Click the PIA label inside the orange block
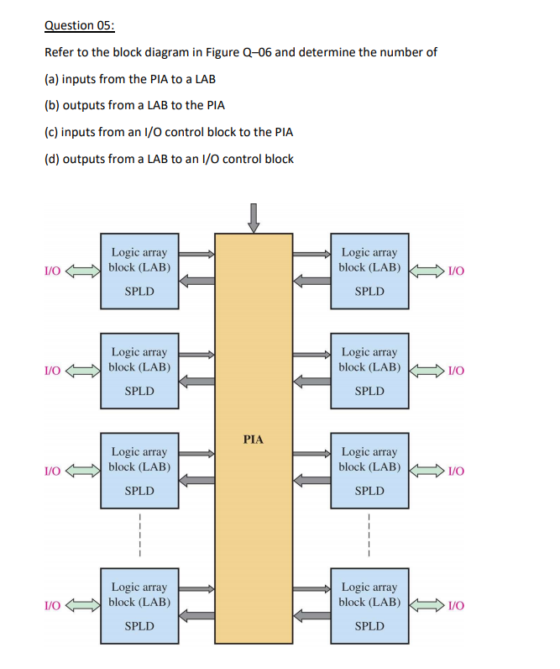253,439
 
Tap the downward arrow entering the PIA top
254,217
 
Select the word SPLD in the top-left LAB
139,292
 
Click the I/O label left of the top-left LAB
52,270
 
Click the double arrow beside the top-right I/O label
427,270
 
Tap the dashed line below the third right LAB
369,534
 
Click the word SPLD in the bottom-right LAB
369,626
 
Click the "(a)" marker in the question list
52,79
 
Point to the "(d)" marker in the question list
52,158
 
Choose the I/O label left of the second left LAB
52,370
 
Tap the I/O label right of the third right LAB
457,470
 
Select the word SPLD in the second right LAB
369,391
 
